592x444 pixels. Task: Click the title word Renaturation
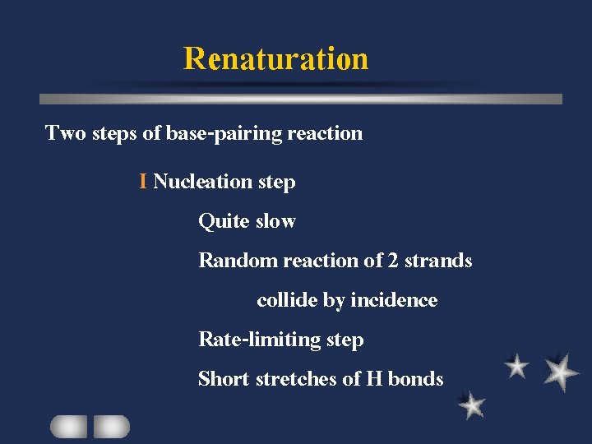point(275,59)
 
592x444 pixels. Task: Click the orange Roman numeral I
point(143,181)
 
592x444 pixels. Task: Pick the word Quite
point(224,221)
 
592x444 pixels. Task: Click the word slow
point(275,220)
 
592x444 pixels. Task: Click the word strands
point(439,261)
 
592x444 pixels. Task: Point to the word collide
point(287,300)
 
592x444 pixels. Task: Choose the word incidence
point(394,300)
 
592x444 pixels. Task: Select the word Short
point(224,379)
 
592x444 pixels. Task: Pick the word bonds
point(415,379)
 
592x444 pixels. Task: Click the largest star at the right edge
point(561,372)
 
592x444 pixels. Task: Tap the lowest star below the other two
point(472,405)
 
